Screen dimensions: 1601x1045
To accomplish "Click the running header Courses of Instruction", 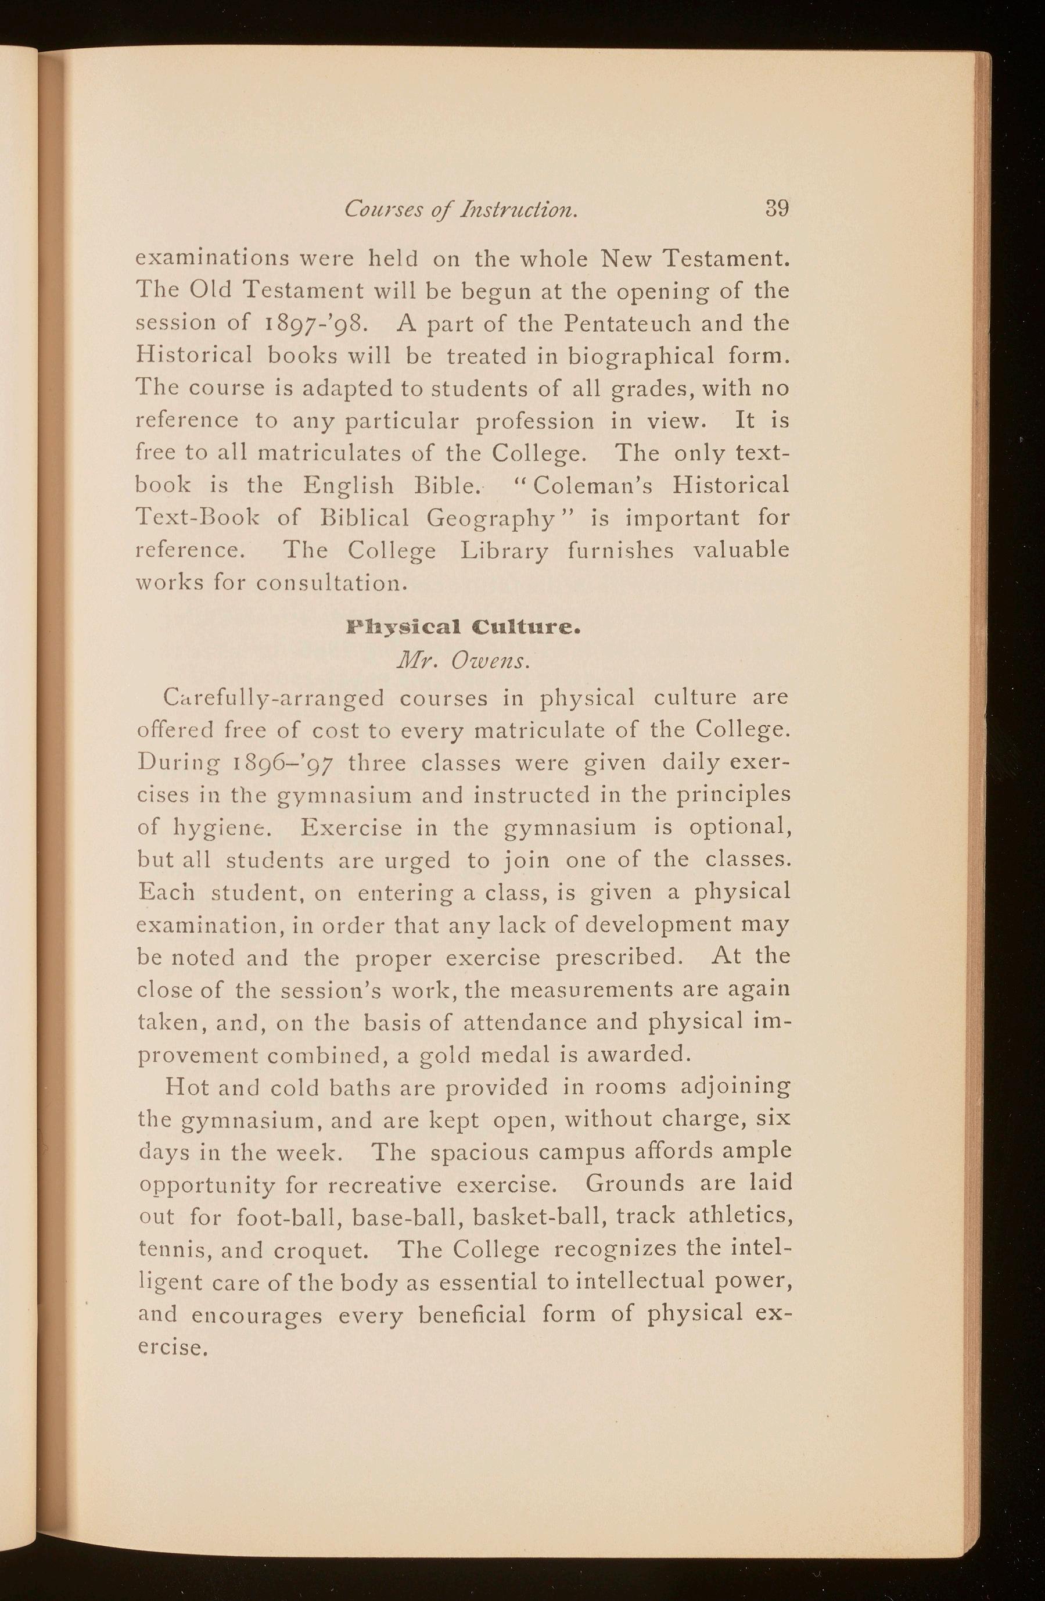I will coord(461,210).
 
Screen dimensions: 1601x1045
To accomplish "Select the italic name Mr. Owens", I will coord(464,661).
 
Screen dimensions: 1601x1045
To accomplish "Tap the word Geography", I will coord(491,518).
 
